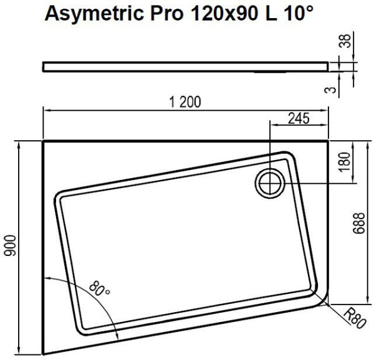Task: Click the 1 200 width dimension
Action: (x=185, y=103)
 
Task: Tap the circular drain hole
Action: (x=270, y=182)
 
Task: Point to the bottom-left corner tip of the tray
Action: (x=44, y=354)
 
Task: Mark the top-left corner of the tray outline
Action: (x=43, y=141)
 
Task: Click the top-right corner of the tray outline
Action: (x=328, y=141)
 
